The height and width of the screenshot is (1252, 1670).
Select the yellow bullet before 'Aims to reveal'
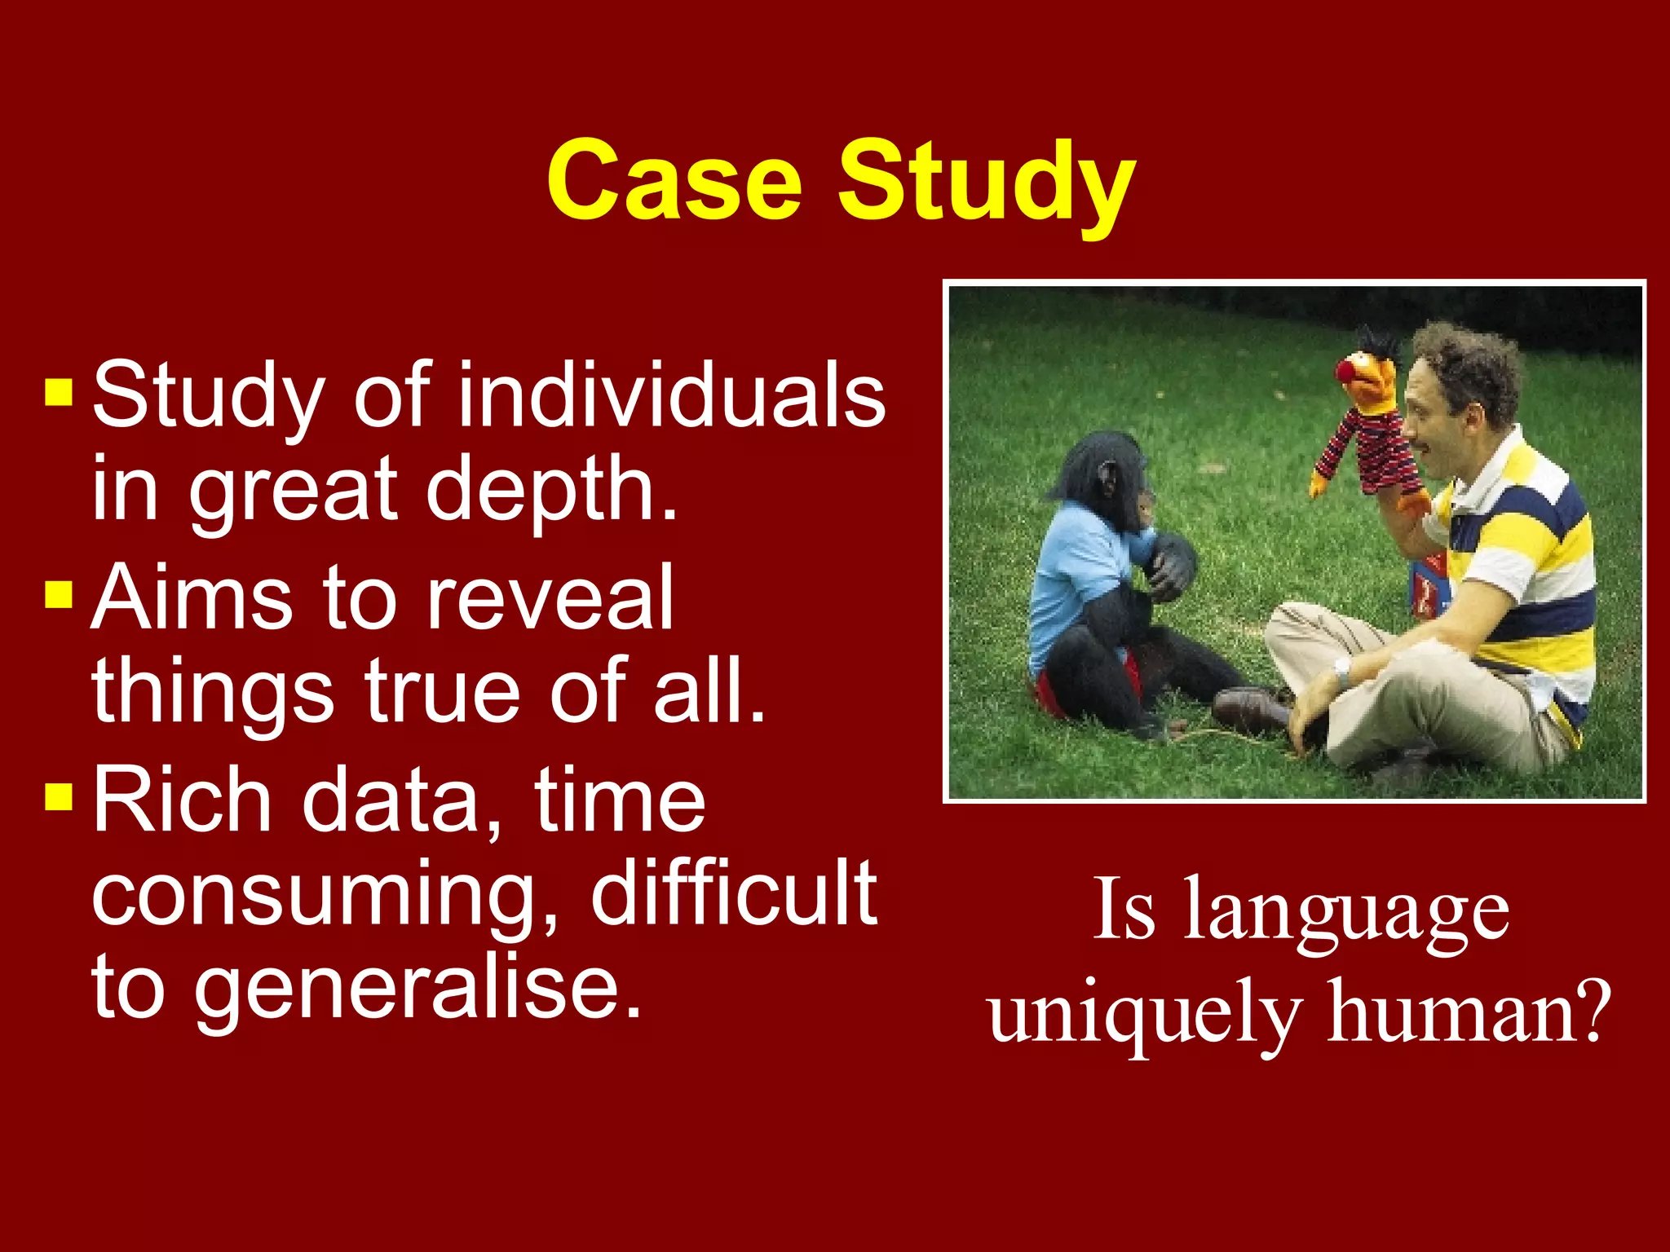pyautogui.click(x=59, y=594)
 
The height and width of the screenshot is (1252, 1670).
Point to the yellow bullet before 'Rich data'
pyautogui.click(x=59, y=796)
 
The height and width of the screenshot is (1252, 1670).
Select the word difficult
pyautogui.click(x=734, y=893)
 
